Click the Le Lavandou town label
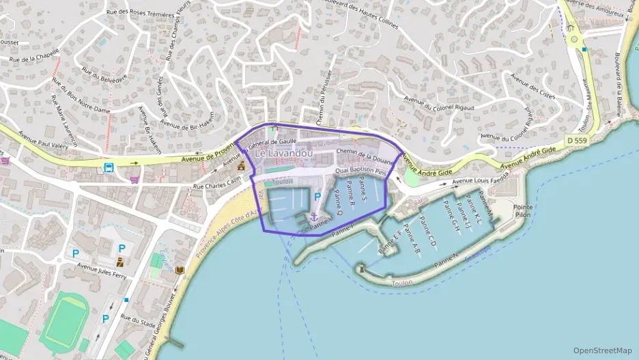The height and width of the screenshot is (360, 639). click(284, 154)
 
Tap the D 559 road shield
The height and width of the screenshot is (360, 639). click(576, 140)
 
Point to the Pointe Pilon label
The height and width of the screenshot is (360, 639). click(523, 212)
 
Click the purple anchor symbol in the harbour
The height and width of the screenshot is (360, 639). click(314, 217)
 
